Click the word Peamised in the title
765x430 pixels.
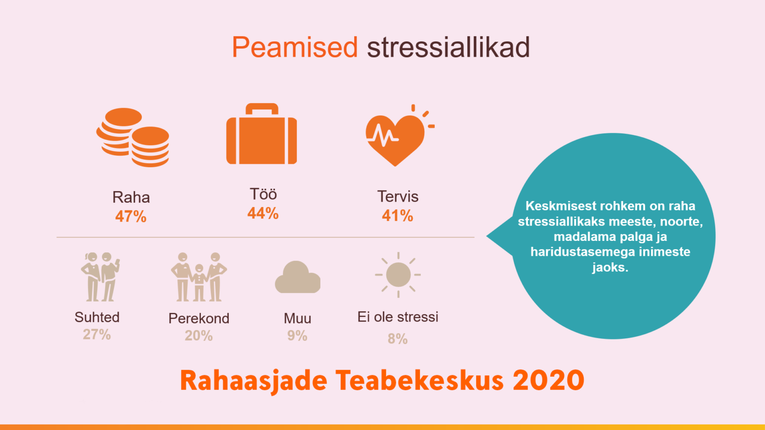pyautogui.click(x=295, y=47)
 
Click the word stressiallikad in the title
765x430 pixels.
pyautogui.click(x=448, y=47)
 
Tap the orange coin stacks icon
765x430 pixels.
pyautogui.click(x=133, y=137)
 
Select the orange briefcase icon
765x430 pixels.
pyautogui.click(x=261, y=134)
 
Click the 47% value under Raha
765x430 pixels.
pyautogui.click(x=131, y=216)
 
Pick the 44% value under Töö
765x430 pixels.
pyautogui.click(x=263, y=214)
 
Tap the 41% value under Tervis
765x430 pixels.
pyautogui.click(x=397, y=215)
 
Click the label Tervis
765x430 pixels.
pyautogui.click(x=398, y=197)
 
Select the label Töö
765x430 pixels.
pyautogui.click(x=263, y=194)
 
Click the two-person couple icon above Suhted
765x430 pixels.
pyautogui.click(x=101, y=277)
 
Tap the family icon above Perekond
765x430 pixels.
pyautogui.click(x=199, y=277)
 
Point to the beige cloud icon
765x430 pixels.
pyautogui.click(x=298, y=277)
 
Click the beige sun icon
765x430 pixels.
pyautogui.click(x=398, y=275)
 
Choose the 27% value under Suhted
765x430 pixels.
pyautogui.click(x=97, y=334)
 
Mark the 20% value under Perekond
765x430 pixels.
pyautogui.click(x=199, y=336)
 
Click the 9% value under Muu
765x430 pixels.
pyautogui.click(x=297, y=336)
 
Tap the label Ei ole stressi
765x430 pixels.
pyautogui.click(x=398, y=317)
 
